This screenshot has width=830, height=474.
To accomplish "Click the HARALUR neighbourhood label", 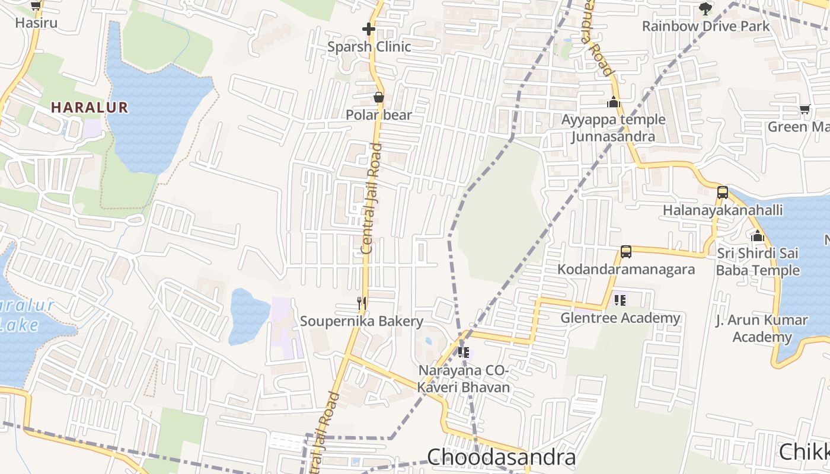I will point(90,107).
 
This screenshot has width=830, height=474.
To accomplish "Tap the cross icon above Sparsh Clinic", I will point(369,28).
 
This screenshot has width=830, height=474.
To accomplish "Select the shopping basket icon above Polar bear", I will point(378,97).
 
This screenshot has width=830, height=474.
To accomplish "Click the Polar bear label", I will point(379,115).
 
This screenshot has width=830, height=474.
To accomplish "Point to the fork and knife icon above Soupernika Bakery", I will point(361,303).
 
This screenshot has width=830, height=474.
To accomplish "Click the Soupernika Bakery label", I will point(362,322).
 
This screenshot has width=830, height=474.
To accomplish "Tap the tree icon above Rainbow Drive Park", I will point(705,8).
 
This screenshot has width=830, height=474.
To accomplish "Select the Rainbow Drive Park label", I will point(705,27).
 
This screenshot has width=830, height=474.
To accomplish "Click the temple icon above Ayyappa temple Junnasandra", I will point(613,102).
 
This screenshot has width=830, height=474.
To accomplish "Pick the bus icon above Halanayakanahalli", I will point(722,192).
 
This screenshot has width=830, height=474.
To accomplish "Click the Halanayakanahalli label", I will point(723,210).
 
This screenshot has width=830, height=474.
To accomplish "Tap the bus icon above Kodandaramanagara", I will point(625,251).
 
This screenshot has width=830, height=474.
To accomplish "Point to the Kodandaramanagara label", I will point(626,270).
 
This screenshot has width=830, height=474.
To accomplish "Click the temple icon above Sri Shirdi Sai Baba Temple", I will point(757,236).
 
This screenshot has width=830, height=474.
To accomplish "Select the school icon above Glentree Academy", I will point(620,300).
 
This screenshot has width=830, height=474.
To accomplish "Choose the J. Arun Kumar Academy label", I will point(762,329).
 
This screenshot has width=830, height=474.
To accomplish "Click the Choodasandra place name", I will point(501,457).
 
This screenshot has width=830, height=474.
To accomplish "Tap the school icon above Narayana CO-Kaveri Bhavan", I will point(464,353).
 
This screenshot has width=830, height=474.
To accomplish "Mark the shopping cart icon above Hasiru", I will point(36,6).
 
